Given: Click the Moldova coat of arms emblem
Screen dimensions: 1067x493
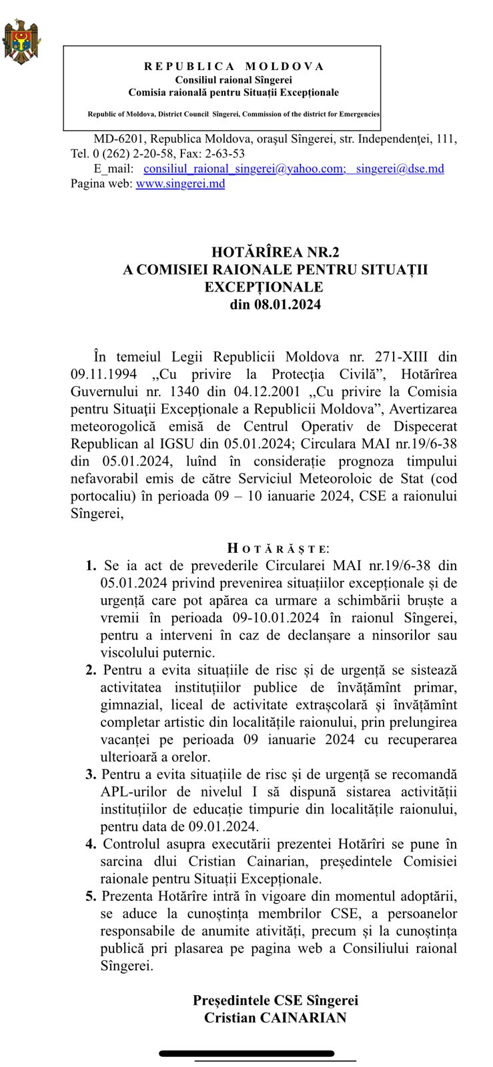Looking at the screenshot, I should pyautogui.click(x=20, y=42).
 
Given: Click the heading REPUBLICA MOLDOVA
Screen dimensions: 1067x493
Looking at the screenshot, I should pyautogui.click(x=234, y=66).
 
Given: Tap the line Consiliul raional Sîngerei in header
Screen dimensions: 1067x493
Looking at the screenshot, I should pyautogui.click(x=233, y=79).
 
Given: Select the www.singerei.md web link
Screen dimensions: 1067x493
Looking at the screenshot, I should pyautogui.click(x=180, y=183).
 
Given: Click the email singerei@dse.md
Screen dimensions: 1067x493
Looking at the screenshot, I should pyautogui.click(x=400, y=169).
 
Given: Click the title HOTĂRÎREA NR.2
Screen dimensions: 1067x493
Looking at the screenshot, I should pyautogui.click(x=275, y=252).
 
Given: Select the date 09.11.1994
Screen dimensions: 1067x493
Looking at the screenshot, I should pyautogui.click(x=97, y=374).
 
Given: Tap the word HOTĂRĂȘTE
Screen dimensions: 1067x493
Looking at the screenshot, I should pyautogui.click(x=278, y=549).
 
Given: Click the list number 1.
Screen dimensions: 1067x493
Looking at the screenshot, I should pyautogui.click(x=91, y=566).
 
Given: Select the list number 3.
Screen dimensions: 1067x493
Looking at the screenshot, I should pyautogui.click(x=91, y=774).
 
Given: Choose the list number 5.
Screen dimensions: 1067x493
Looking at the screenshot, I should pyautogui.click(x=91, y=896).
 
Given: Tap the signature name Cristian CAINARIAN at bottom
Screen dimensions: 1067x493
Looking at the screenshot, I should pyautogui.click(x=275, y=1018).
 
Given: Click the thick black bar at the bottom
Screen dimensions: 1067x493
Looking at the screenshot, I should pyautogui.click(x=247, y=1054).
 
